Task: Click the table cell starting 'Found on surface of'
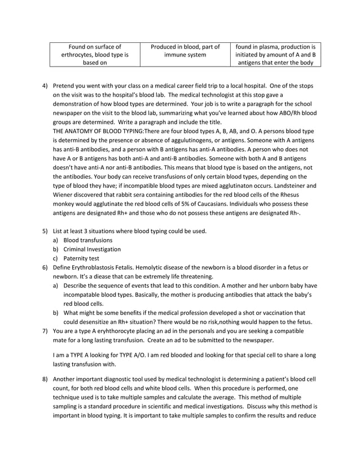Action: [x=94, y=55]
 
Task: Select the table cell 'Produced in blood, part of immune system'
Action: [x=185, y=51]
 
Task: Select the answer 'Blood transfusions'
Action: [x=87, y=240]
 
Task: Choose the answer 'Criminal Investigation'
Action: [x=92, y=249]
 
